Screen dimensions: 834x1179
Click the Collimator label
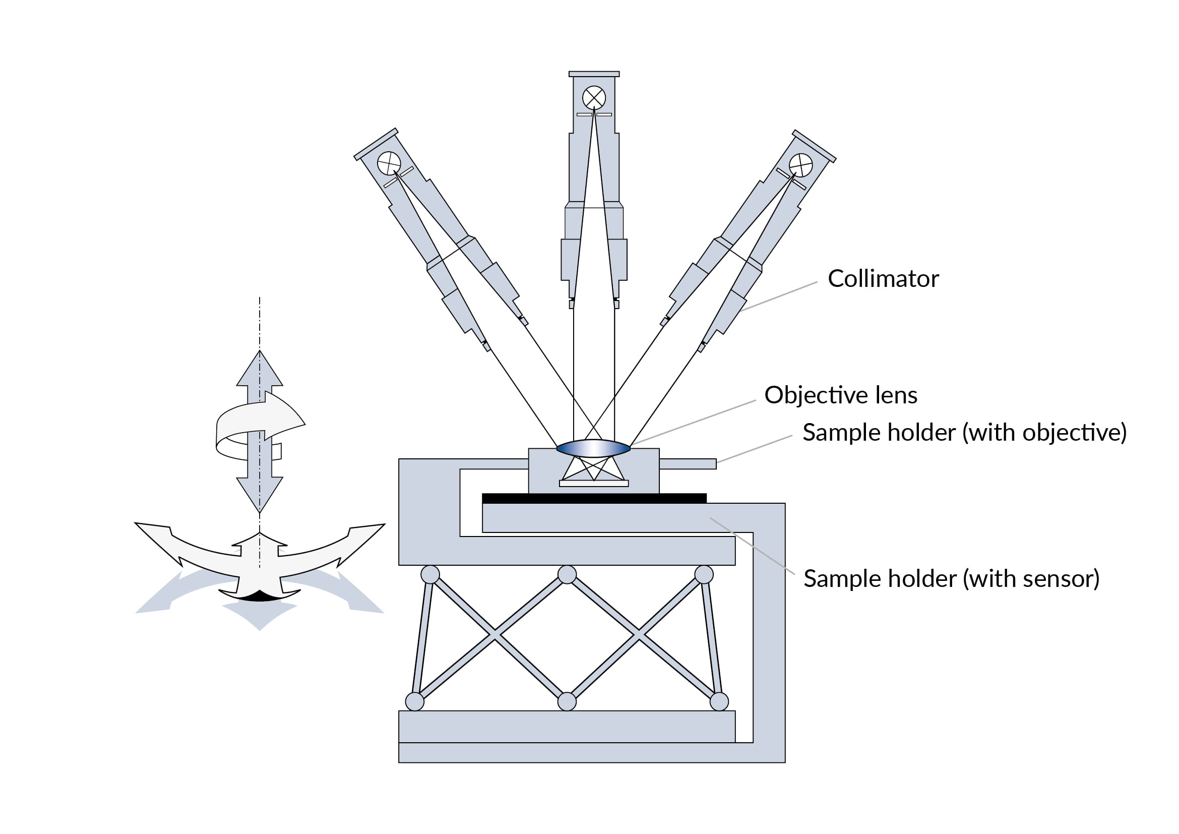(x=883, y=279)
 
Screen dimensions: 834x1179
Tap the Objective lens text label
(x=841, y=395)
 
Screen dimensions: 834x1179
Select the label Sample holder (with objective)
(x=965, y=433)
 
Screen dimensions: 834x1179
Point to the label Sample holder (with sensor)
(x=952, y=579)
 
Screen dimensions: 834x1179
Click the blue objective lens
(x=593, y=448)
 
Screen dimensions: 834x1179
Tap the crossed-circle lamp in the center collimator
(x=594, y=98)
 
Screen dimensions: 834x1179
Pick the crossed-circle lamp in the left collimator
(x=389, y=163)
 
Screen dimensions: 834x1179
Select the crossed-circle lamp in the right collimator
(x=800, y=165)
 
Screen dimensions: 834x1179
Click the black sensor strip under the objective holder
(x=594, y=498)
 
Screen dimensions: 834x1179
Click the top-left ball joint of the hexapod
(x=430, y=575)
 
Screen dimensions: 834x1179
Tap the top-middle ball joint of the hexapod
(x=567, y=575)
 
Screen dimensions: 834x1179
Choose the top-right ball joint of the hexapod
(x=704, y=575)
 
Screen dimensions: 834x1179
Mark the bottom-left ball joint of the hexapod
(x=414, y=701)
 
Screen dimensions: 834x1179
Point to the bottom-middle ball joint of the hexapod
(x=567, y=701)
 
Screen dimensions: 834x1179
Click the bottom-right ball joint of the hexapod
(x=719, y=701)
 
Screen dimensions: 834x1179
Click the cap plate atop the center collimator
(x=594, y=74)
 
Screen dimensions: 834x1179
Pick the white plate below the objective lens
(x=594, y=483)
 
